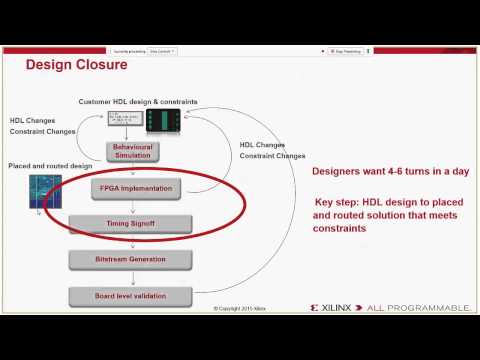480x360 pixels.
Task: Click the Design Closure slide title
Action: (76, 66)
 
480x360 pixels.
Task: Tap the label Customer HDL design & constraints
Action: (138, 102)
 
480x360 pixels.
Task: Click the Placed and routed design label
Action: (50, 165)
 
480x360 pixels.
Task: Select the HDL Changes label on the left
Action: (33, 120)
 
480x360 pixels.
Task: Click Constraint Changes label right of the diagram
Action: (272, 156)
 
